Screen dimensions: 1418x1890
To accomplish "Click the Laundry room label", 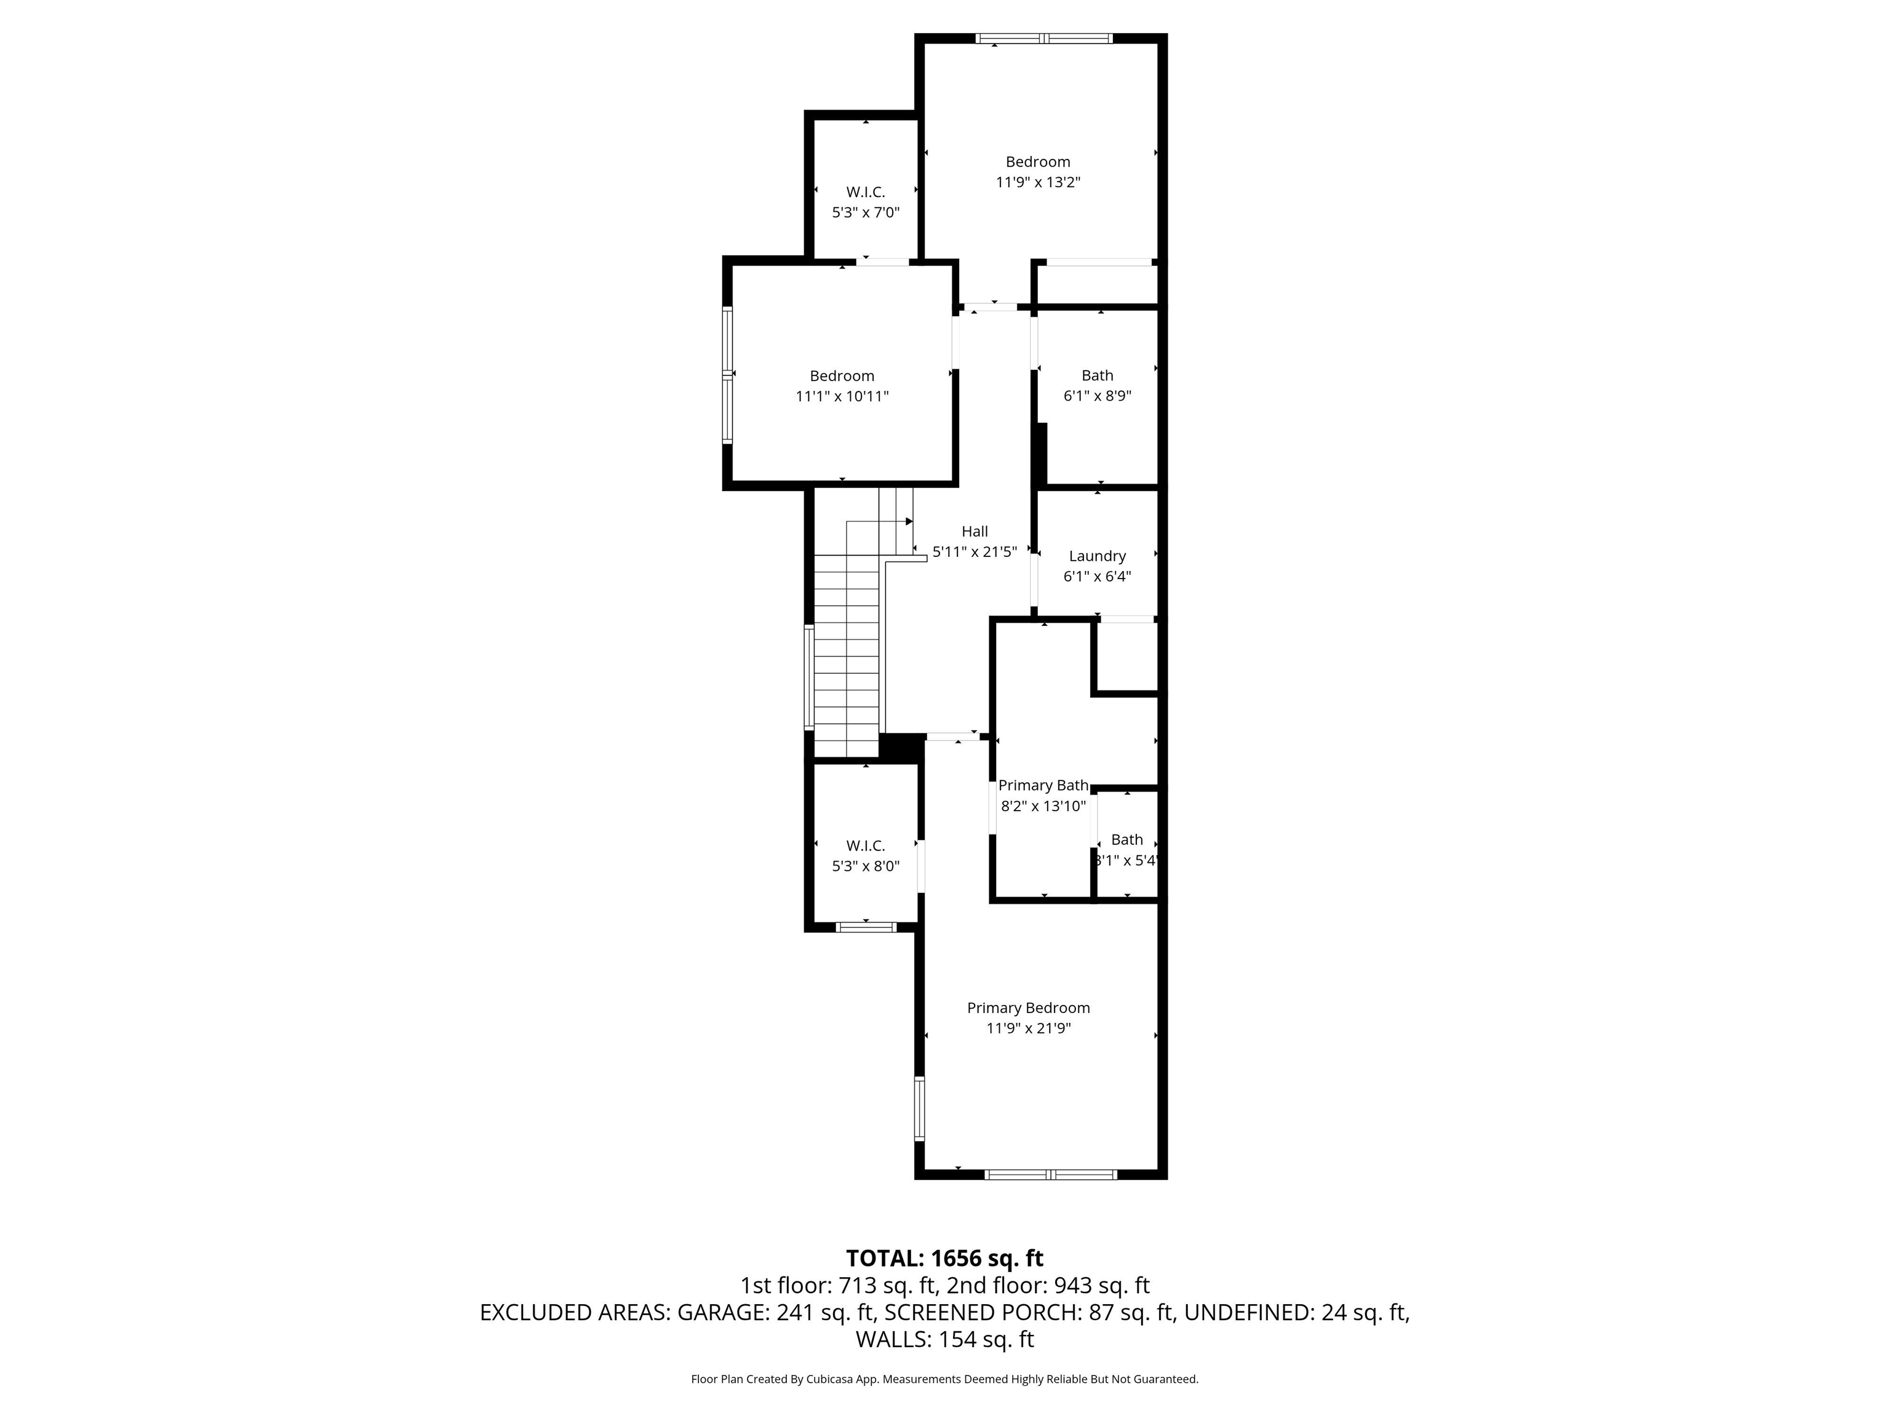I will coord(1097,556).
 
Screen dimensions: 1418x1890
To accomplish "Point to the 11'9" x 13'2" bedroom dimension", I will coord(1038,182).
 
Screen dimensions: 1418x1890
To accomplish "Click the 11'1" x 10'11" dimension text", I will coord(842,396).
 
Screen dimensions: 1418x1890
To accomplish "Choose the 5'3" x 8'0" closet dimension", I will coord(866,866).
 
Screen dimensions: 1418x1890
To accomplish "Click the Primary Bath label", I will coord(1043,785).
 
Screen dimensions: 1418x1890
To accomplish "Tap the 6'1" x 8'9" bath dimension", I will coord(1097,396).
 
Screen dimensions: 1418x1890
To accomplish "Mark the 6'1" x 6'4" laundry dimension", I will coord(1097,577).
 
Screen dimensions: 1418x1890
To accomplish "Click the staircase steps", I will coord(846,658).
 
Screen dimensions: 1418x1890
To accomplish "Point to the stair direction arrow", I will coord(908,521).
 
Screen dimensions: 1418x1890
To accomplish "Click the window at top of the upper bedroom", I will coord(1044,38).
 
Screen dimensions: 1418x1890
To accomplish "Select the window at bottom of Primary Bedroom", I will coord(1050,1174).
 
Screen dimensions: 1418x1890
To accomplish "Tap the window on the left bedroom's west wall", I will coord(727,374).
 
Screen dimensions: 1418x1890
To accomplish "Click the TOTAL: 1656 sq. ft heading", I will coord(944,1258).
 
